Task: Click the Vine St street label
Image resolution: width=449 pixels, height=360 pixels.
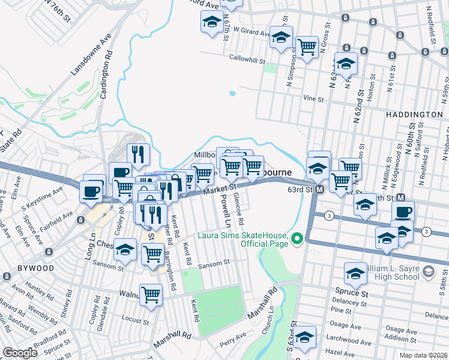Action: (x=310, y=98)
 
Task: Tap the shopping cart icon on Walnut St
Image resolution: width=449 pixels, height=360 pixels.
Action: (x=151, y=294)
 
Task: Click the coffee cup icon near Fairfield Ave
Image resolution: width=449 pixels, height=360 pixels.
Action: (x=91, y=191)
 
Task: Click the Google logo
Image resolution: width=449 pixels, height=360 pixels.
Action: (x=20, y=353)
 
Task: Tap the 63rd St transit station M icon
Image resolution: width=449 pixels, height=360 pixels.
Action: (x=320, y=189)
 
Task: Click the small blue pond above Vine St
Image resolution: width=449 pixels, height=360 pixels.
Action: (x=232, y=94)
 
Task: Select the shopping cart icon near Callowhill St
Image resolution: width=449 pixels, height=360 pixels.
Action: (x=307, y=46)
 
